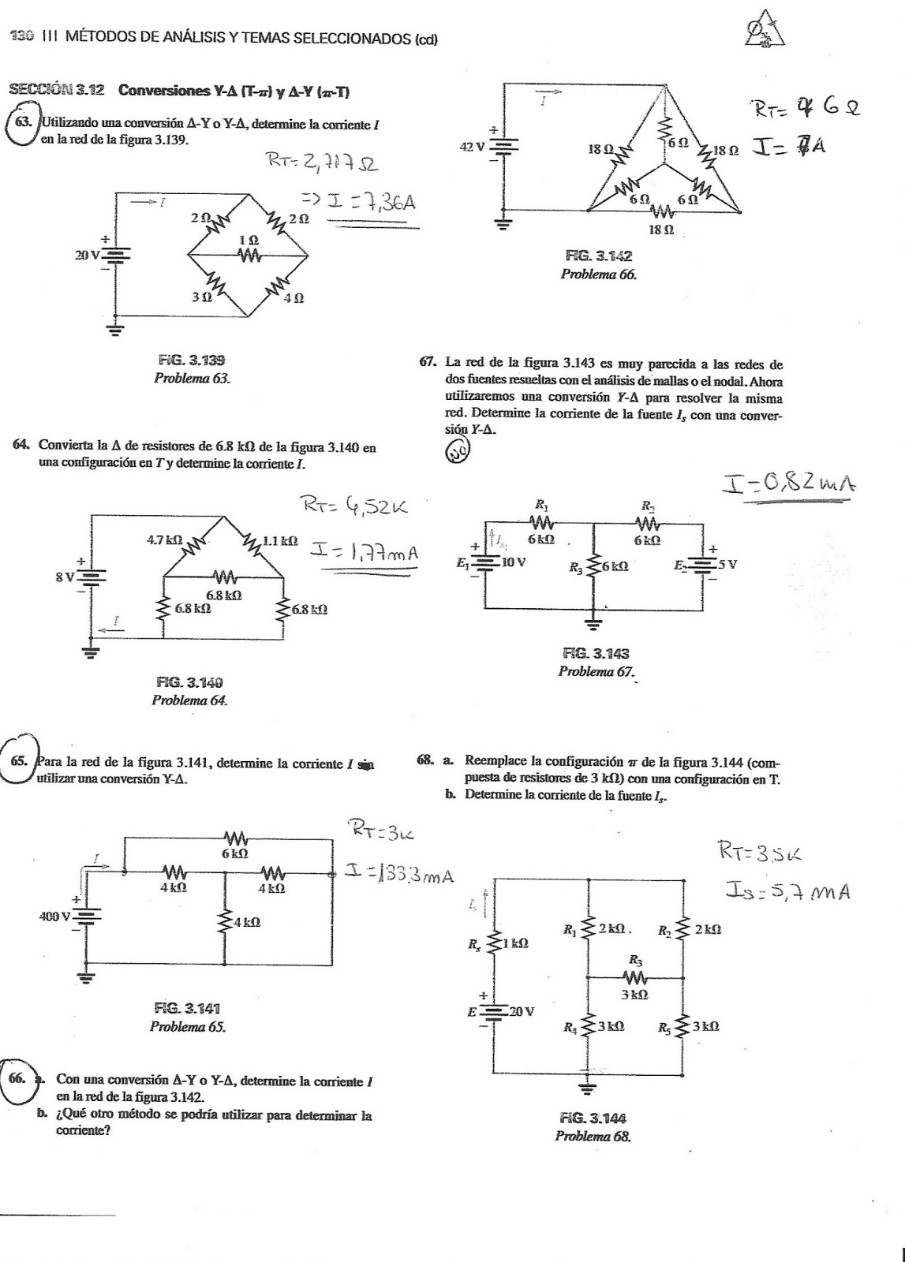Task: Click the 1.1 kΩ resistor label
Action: (x=280, y=541)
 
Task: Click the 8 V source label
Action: (x=64, y=577)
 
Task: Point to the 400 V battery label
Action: (x=54, y=917)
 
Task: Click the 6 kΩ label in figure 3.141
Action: (x=235, y=853)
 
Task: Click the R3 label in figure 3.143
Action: (x=576, y=566)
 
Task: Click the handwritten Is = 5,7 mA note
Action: (x=787, y=891)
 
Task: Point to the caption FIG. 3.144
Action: (x=593, y=1118)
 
